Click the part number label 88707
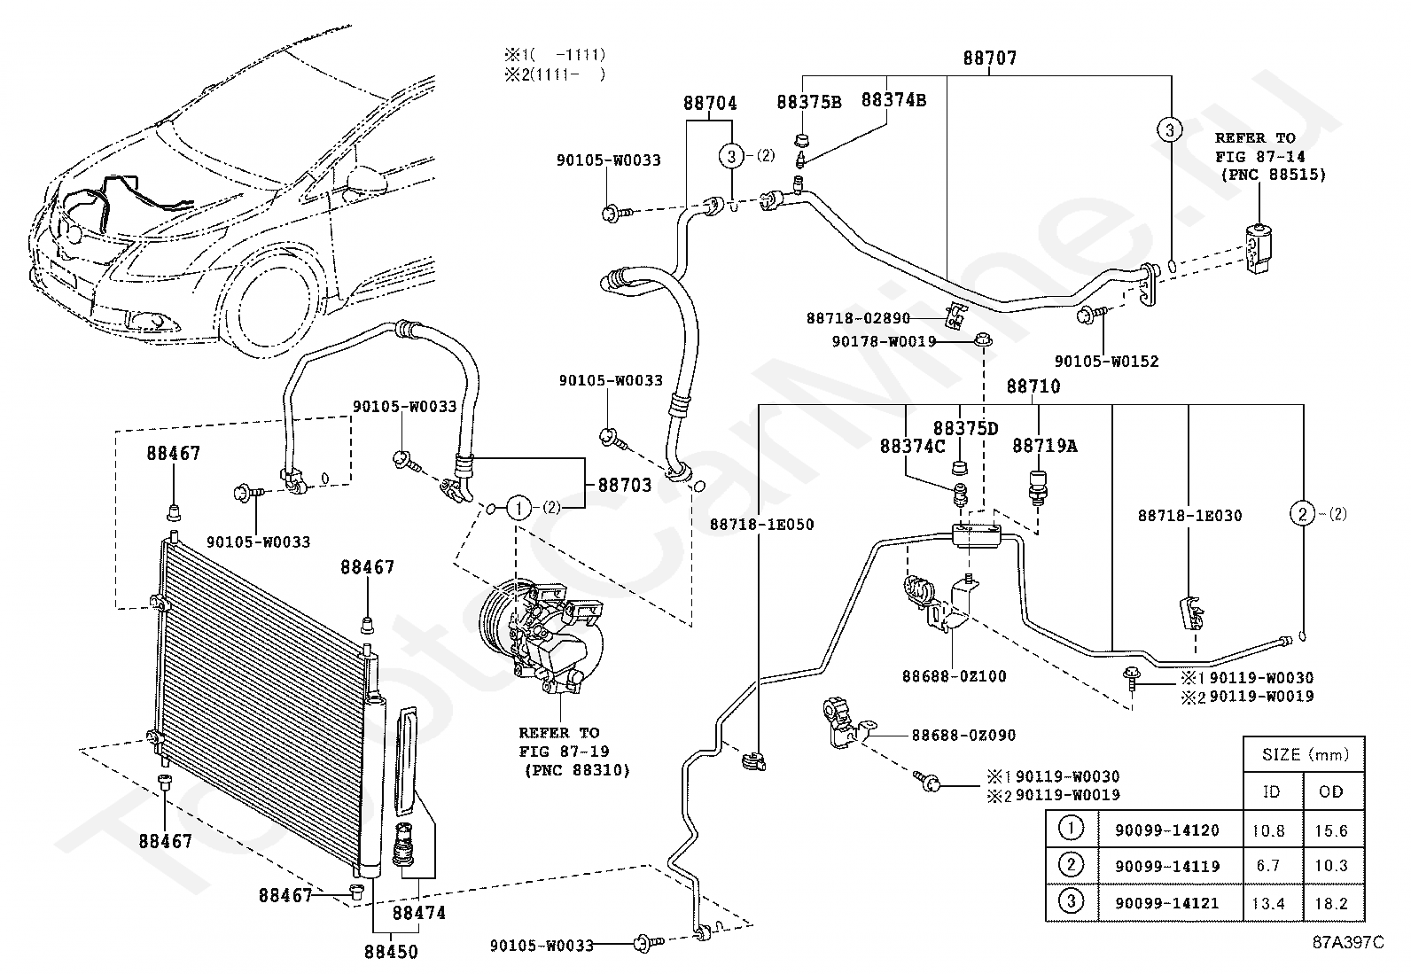(x=990, y=58)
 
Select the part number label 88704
(x=710, y=103)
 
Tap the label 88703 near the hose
(x=624, y=485)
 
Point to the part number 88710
(x=1033, y=386)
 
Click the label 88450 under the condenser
(x=391, y=951)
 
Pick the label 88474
(x=419, y=912)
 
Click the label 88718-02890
(x=859, y=318)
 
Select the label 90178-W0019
(x=884, y=341)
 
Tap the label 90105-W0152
(x=1107, y=361)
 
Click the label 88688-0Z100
(x=955, y=676)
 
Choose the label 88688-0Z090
(x=963, y=735)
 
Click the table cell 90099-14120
(x=1167, y=830)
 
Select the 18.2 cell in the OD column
(x=1331, y=903)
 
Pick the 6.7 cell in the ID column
(x=1268, y=866)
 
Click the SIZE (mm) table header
(x=1306, y=754)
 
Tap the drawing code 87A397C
(x=1349, y=942)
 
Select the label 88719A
(x=1044, y=446)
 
